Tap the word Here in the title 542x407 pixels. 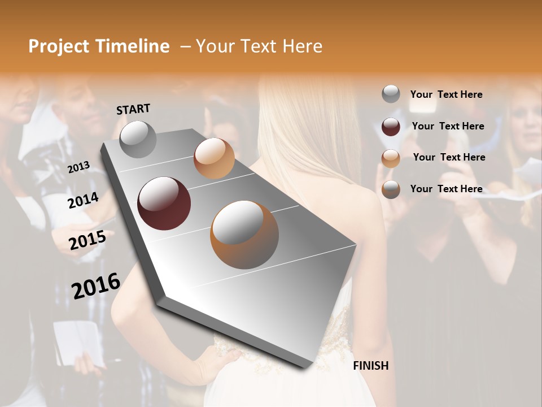[300, 46]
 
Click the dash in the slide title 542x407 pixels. [185, 46]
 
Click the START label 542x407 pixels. [133, 109]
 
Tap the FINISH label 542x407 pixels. [371, 366]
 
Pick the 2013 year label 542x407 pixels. [78, 167]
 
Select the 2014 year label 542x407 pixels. [84, 201]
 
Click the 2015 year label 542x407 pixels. [88, 240]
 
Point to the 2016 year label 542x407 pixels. [96, 285]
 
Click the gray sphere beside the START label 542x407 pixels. [138, 139]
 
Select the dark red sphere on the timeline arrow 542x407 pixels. [164, 203]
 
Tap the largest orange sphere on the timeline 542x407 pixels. [244, 235]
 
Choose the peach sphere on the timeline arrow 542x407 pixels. [214, 158]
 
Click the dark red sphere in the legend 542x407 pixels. [391, 126]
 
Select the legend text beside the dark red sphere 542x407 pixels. [448, 126]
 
